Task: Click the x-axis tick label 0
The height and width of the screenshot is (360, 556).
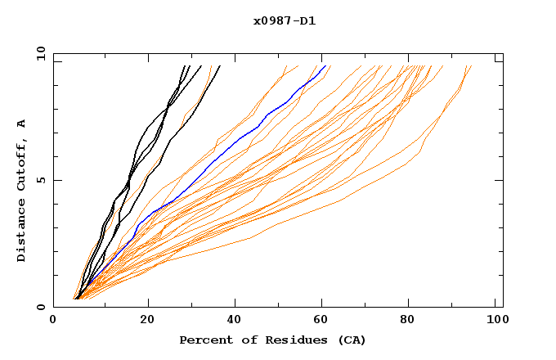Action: pos(53,320)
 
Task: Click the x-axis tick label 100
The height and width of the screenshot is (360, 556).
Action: pos(495,320)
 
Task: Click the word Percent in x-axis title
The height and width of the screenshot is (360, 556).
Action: pos(203,340)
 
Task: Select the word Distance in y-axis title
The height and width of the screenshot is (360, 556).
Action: pos(22,232)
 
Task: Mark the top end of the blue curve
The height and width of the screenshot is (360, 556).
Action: pos(325,65)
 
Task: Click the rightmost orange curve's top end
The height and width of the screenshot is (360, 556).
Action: pos(472,65)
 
